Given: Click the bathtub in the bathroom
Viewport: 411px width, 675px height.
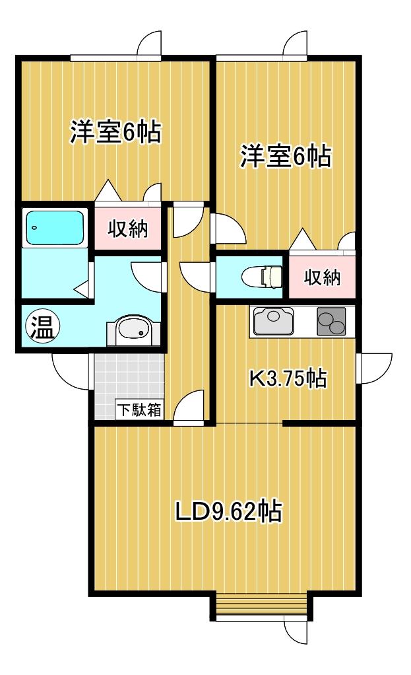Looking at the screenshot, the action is [55, 228].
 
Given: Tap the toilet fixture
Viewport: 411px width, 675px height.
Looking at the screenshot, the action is [262, 276].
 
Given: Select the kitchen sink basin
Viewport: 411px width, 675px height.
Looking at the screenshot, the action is [273, 321].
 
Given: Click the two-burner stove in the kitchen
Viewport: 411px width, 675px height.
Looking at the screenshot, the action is [331, 321].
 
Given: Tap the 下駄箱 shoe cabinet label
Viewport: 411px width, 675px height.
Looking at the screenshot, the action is [139, 409].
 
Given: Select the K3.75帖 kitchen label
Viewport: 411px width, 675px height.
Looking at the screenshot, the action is [288, 378].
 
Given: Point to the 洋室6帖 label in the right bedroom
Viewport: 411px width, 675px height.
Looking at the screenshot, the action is [286, 156].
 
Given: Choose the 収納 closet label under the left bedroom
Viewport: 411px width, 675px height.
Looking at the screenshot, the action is [128, 228].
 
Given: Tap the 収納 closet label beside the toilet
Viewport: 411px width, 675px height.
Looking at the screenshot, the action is [323, 277].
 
